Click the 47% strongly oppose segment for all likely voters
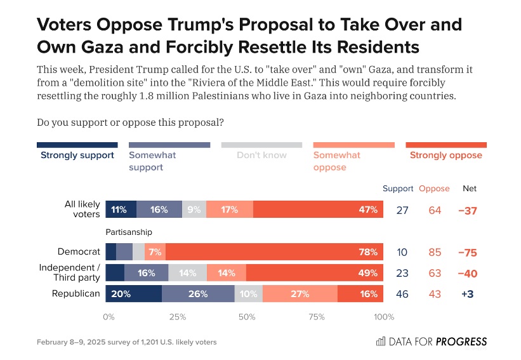click(318, 210)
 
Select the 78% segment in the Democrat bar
click(274, 252)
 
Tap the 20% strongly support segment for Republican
click(133, 294)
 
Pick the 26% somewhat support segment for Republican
click(198, 294)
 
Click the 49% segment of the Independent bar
click(314, 273)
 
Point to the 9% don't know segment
click(194, 210)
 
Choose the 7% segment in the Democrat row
click(155, 252)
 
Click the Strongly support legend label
click(77, 155)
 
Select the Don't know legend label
click(261, 155)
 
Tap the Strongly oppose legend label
click(445, 155)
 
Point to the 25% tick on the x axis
click(177, 316)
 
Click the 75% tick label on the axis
click(316, 316)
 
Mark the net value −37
click(468, 210)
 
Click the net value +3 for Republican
click(468, 295)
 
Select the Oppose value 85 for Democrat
click(435, 253)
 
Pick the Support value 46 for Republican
click(402, 295)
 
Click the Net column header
click(469, 189)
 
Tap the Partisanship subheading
click(129, 232)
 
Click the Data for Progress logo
click(432, 342)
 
